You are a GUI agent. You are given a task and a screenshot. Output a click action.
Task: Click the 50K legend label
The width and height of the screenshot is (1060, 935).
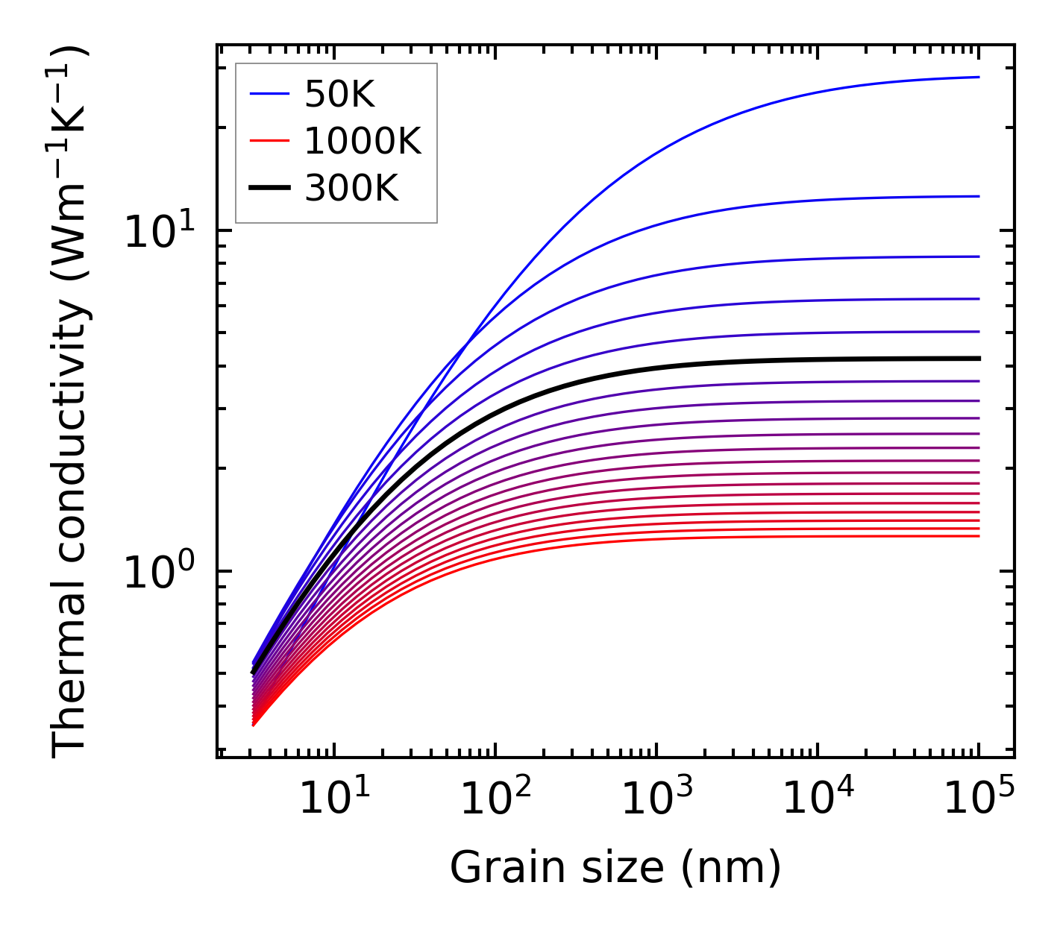(x=339, y=95)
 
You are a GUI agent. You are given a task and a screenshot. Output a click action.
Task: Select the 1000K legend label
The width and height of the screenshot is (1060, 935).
(x=363, y=142)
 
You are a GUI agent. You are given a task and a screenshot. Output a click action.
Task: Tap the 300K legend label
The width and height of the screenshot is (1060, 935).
(x=351, y=189)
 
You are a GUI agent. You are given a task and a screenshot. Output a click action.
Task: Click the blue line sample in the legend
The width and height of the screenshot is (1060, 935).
(x=269, y=95)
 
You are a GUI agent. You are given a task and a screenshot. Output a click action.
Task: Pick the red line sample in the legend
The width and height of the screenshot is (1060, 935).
(x=269, y=142)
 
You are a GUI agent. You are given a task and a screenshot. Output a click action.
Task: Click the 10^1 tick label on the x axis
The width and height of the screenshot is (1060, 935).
(x=334, y=800)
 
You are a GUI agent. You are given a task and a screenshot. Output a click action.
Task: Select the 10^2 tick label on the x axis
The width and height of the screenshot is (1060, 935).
(x=495, y=800)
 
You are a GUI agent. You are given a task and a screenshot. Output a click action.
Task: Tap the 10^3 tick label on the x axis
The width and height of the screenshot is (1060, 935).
(x=656, y=800)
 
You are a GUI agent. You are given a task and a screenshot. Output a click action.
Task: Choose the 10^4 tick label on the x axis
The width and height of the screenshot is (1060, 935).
(x=818, y=800)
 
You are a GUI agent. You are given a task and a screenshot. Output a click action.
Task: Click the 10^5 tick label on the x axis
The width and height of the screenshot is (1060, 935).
(x=979, y=800)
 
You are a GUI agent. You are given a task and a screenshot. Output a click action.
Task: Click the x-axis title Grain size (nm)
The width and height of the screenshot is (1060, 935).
(x=615, y=869)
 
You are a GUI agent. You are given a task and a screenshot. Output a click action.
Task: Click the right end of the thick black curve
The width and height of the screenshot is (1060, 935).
(x=978, y=359)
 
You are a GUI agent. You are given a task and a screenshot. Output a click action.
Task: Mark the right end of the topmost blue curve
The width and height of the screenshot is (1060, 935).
(x=978, y=77)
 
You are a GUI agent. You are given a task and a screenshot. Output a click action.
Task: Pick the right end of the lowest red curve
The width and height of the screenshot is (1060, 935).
(x=978, y=536)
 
